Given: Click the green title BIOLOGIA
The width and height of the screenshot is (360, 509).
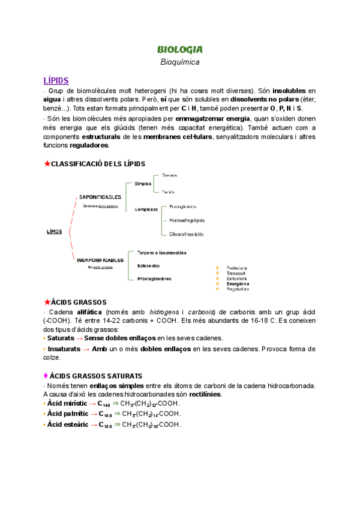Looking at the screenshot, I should tap(179, 49).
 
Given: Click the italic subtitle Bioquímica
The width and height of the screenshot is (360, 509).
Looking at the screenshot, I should tap(179, 62).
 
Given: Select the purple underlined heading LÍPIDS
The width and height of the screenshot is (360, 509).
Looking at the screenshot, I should tap(56, 80).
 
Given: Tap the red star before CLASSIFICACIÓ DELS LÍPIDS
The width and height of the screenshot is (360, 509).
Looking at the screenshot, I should tap(47, 163).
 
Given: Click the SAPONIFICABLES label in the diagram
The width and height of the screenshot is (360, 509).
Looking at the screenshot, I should tap(100, 196).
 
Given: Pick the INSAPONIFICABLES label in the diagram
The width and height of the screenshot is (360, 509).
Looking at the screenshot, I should tap(100, 260).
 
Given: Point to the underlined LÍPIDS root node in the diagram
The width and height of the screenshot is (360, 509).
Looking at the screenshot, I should tap(54, 231).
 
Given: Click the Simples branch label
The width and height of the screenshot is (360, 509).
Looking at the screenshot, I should tap(143, 184).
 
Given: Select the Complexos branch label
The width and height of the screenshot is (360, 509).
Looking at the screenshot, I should tap(146, 209).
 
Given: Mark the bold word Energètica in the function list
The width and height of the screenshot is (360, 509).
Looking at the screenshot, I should tap(238, 283).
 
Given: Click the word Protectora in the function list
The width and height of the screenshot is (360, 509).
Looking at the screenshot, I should tap(238, 268).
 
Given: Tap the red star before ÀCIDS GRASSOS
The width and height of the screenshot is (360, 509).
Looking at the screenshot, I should tap(47, 302).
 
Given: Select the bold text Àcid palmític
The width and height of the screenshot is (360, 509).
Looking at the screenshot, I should tap(68, 414).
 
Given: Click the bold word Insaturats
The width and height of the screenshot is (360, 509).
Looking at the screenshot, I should tap(65, 348).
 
